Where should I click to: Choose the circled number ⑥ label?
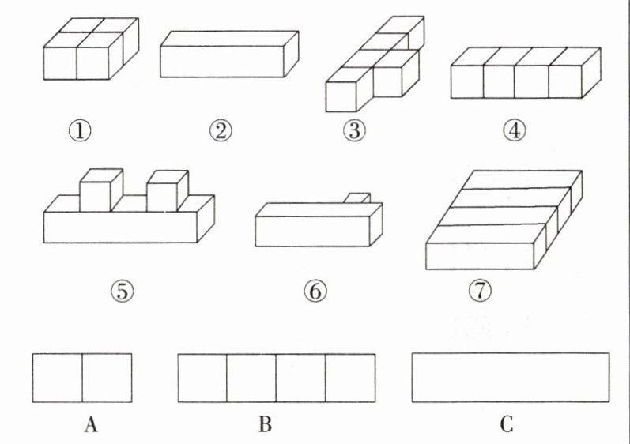[x=314, y=292]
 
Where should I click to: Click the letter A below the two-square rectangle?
[x=90, y=426]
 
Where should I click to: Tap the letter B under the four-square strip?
[x=266, y=426]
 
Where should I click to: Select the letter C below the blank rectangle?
[x=507, y=426]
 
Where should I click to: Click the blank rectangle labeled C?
[x=511, y=378]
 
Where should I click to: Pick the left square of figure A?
[x=57, y=378]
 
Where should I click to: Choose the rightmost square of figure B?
[x=350, y=378]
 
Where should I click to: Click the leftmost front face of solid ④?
[x=466, y=82]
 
